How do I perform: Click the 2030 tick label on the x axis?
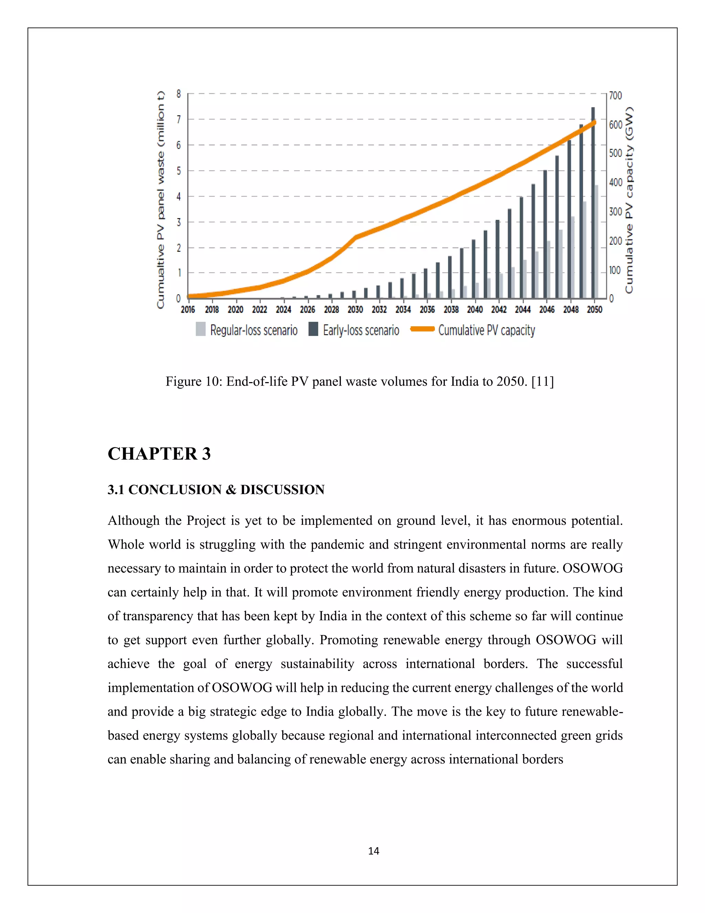(x=355, y=309)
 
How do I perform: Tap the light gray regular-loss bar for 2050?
(x=597, y=243)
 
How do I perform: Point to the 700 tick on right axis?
(x=615, y=96)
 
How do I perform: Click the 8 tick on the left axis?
(x=178, y=94)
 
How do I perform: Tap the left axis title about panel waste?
(x=161, y=200)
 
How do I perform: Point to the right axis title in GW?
(x=629, y=200)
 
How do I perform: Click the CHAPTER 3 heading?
(x=159, y=454)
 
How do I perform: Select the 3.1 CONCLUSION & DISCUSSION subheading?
(x=216, y=490)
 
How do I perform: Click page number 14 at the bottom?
(x=373, y=851)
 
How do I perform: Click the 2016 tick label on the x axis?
(x=188, y=309)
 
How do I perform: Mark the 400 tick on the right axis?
(x=615, y=182)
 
